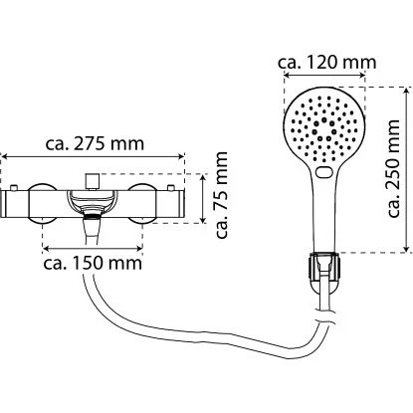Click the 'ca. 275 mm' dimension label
(x=95, y=142)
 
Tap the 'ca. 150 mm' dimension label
(x=93, y=265)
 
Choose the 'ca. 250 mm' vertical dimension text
(x=395, y=169)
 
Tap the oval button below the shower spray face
(x=322, y=175)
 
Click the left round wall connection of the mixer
(x=43, y=204)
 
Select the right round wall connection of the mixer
(x=143, y=204)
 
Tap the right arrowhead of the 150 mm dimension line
(x=139, y=248)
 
